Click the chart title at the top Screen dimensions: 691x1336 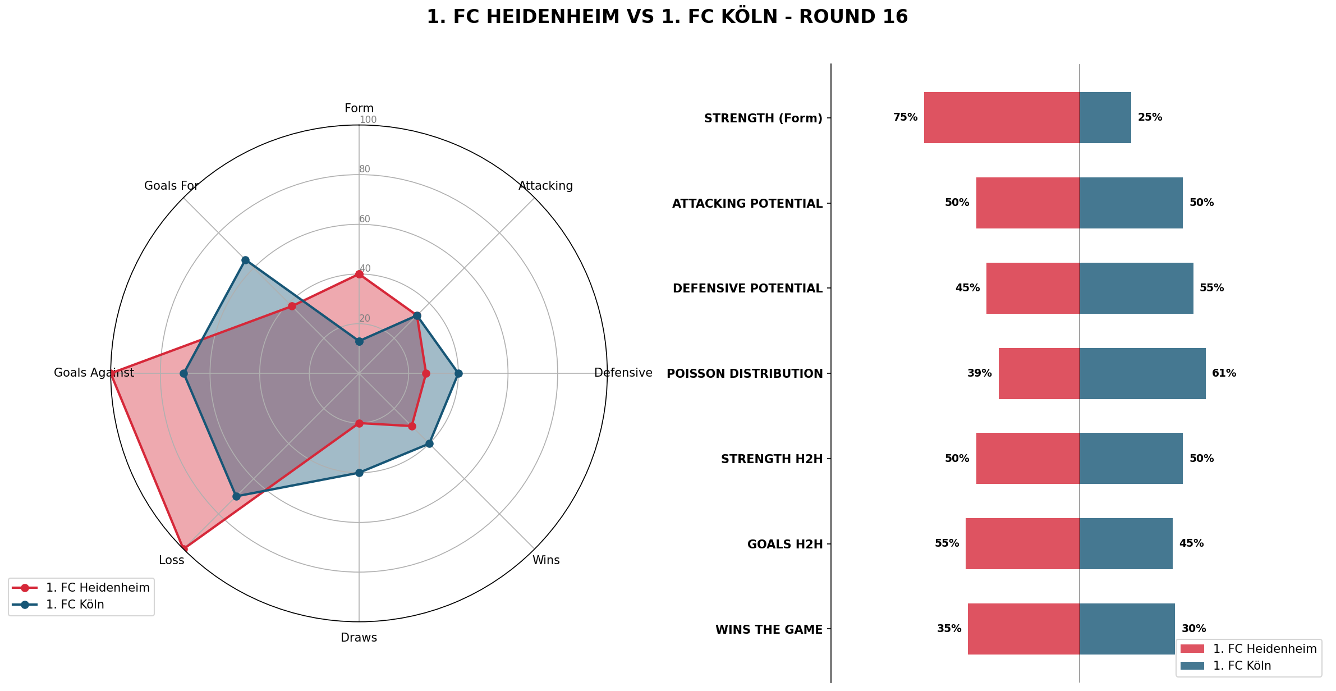click(x=667, y=17)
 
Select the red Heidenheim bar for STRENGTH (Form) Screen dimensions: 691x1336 click(x=1002, y=117)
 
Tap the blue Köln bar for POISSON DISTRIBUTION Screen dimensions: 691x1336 click(x=1142, y=373)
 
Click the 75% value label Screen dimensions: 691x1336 click(x=905, y=117)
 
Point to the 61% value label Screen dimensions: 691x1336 click(x=1224, y=373)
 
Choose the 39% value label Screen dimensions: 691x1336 click(x=979, y=373)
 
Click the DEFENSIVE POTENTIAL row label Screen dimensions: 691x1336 click(x=747, y=289)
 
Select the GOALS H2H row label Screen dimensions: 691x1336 click(x=784, y=544)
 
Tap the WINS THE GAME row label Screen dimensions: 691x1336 click(x=769, y=630)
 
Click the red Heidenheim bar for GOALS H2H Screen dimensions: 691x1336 click(x=1022, y=543)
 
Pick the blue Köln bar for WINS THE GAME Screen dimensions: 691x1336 click(x=1127, y=629)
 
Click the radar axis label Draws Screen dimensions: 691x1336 click(x=359, y=638)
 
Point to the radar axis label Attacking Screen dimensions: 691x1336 click(x=545, y=186)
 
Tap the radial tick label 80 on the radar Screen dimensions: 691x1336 click(x=365, y=169)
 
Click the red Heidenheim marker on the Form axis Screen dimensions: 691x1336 click(x=359, y=274)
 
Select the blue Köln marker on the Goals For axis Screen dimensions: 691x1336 click(x=245, y=260)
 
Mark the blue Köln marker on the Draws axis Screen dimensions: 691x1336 click(x=359, y=473)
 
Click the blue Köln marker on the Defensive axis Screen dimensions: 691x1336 click(x=458, y=373)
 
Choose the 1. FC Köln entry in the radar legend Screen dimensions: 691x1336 click(x=75, y=605)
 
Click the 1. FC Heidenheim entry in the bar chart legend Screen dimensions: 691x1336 click(x=1264, y=649)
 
